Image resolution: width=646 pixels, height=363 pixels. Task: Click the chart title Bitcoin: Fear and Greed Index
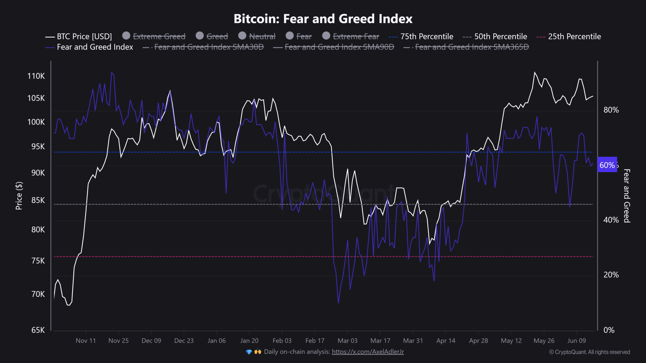pyautogui.click(x=323, y=19)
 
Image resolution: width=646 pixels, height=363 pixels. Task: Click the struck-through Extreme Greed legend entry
pyautogui.click(x=159, y=37)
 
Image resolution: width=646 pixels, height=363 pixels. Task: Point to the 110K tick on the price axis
pyautogui.click(x=36, y=76)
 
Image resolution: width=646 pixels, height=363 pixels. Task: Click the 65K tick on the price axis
pyautogui.click(x=38, y=330)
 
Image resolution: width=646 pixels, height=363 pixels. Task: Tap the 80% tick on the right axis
pyautogui.click(x=611, y=110)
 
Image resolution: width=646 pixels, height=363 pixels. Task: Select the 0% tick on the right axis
pyautogui.click(x=609, y=330)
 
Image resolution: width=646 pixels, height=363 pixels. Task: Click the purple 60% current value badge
pyautogui.click(x=607, y=165)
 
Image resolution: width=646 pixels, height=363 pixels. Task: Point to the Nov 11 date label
pyautogui.click(x=86, y=341)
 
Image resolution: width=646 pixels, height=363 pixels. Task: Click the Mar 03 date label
pyautogui.click(x=347, y=341)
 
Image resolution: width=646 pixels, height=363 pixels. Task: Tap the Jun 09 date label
pyautogui.click(x=577, y=341)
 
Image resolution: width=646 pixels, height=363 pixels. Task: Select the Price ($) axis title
pyautogui.click(x=19, y=196)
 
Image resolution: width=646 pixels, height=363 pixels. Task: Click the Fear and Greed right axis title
pyautogui.click(x=627, y=196)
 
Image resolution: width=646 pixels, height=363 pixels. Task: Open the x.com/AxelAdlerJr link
pyautogui.click(x=368, y=352)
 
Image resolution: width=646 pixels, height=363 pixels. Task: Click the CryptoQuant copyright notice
pyautogui.click(x=589, y=352)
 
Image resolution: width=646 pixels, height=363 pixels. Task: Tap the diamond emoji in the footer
pyautogui.click(x=249, y=352)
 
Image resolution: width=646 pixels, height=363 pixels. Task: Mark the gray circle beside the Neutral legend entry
pyautogui.click(x=242, y=36)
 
